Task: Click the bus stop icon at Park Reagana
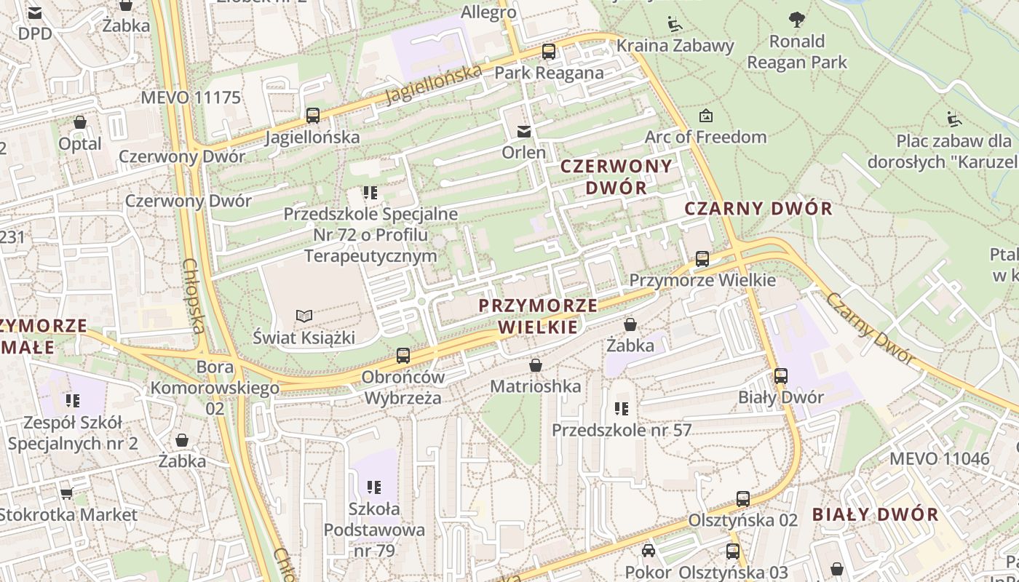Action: (x=549, y=52)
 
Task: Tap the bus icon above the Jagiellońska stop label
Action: (x=313, y=115)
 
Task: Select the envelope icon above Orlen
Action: (x=523, y=131)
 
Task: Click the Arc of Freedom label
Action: (x=705, y=137)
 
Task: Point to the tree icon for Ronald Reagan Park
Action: (x=797, y=19)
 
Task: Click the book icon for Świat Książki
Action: (x=304, y=316)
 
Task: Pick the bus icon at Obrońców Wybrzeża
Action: (x=403, y=356)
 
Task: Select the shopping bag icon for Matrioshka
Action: (x=536, y=364)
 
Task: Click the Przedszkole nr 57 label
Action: (x=621, y=430)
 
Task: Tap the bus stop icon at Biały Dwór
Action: (x=781, y=376)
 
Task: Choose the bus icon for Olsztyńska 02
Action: (x=742, y=499)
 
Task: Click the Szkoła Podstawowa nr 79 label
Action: (x=374, y=530)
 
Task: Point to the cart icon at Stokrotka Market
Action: (x=66, y=493)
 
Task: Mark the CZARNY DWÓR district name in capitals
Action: (x=758, y=209)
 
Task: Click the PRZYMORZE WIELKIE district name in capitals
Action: (x=538, y=316)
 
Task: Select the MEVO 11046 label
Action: (x=939, y=458)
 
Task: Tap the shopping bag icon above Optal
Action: (x=80, y=122)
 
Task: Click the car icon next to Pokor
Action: (x=648, y=551)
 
